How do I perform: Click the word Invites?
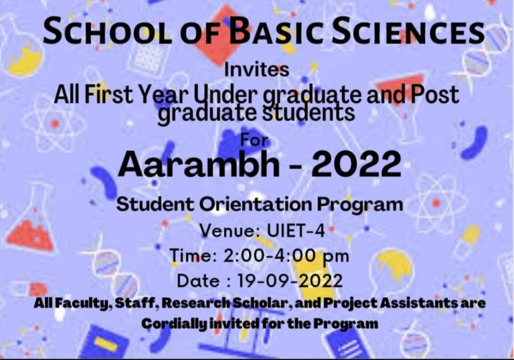pyautogui.click(x=257, y=70)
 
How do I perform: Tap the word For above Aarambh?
pyautogui.click(x=254, y=141)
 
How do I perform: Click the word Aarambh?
pyautogui.click(x=199, y=164)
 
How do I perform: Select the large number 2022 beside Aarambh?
pyautogui.click(x=356, y=164)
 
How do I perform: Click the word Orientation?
pyautogui.click(x=256, y=204)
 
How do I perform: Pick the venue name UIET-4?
pyautogui.click(x=296, y=230)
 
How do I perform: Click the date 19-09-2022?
pyautogui.click(x=289, y=281)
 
